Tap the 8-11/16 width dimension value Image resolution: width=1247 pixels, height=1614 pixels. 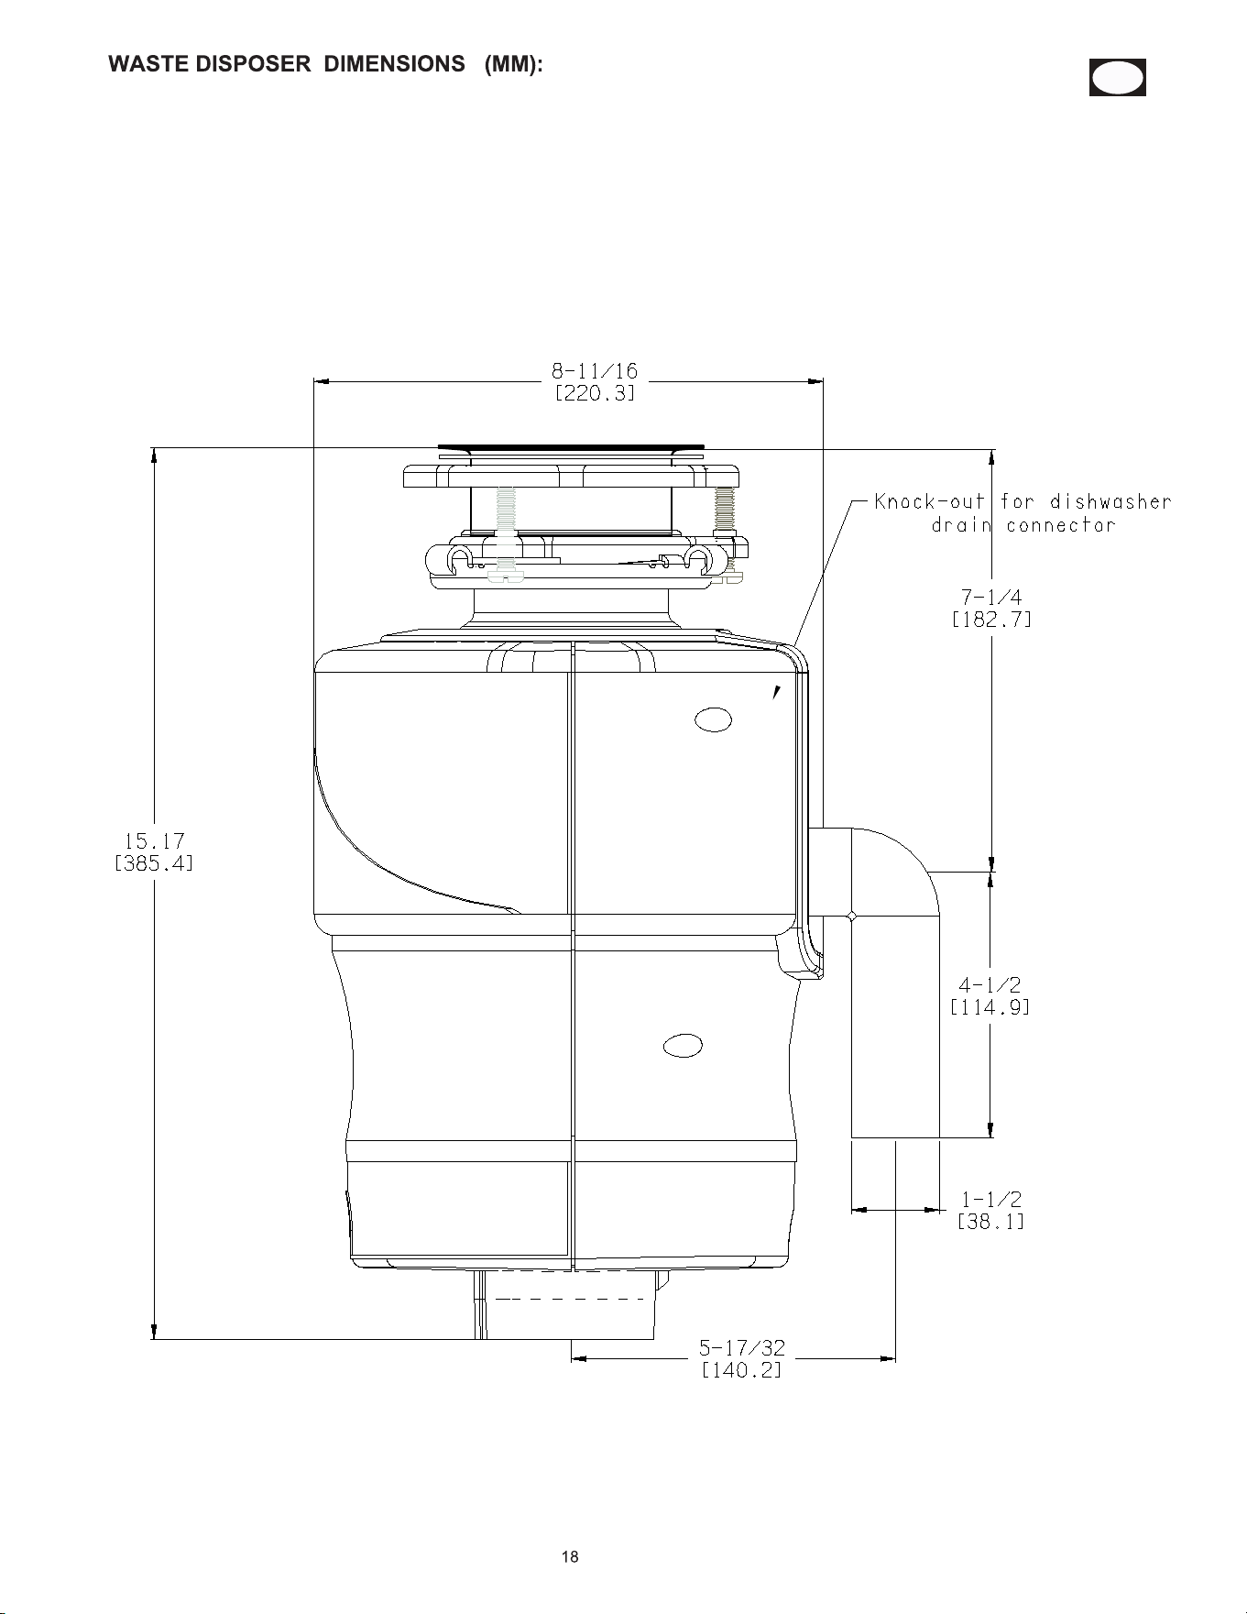[595, 371]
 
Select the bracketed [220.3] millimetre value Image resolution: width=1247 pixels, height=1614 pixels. [595, 393]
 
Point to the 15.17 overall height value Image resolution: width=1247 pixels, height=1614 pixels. [154, 840]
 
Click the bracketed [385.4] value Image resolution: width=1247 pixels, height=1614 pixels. [154, 863]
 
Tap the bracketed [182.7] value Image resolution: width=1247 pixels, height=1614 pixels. [991, 620]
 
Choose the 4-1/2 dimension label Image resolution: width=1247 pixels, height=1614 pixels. [990, 985]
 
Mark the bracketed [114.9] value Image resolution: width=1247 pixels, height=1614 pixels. [990, 1007]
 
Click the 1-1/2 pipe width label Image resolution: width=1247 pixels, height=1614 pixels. [991, 1200]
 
